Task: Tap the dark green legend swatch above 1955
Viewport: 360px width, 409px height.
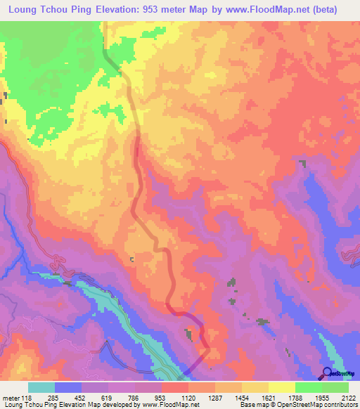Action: point(309,388)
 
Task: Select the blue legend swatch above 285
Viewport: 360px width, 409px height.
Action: point(68,388)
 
